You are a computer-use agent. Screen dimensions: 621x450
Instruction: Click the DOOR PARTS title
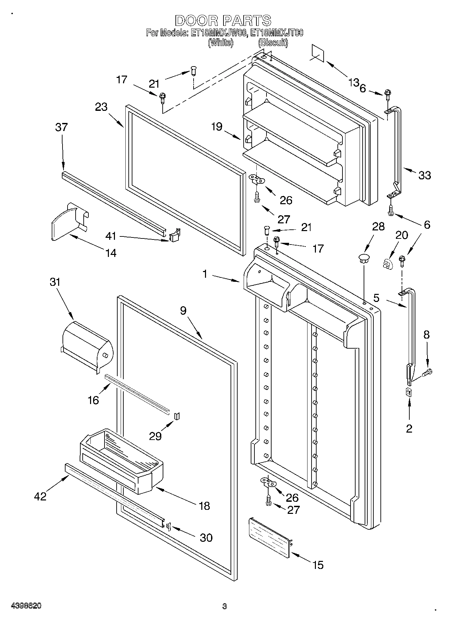pyautogui.click(x=223, y=21)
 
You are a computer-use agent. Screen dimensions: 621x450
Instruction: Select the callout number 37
pyautogui.click(x=62, y=127)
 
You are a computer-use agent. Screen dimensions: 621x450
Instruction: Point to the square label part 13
pyautogui.click(x=318, y=53)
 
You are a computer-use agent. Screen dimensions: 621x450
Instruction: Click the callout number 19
pyautogui.click(x=217, y=127)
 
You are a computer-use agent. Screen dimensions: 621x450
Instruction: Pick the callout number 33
pyautogui.click(x=424, y=175)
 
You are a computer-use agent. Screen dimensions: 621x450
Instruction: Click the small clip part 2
pyautogui.click(x=409, y=392)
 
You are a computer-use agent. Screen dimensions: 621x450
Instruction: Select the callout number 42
pyautogui.click(x=40, y=496)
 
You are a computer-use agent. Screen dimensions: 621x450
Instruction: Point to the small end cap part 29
pyautogui.click(x=177, y=416)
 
